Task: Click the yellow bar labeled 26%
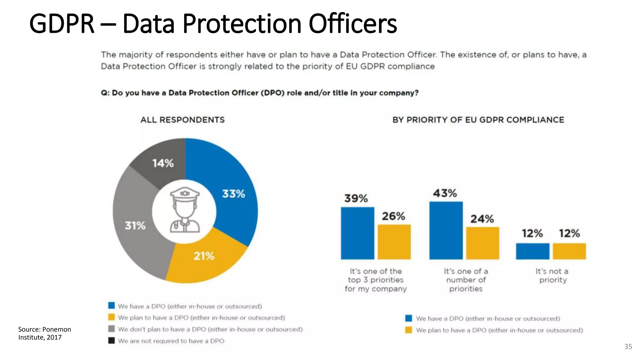pyautogui.click(x=394, y=242)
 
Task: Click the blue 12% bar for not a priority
pyautogui.click(x=532, y=251)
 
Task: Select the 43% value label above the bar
pyautogui.click(x=445, y=193)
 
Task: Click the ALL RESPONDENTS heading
pyautogui.click(x=182, y=120)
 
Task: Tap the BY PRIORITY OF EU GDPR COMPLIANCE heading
pyautogui.click(x=478, y=120)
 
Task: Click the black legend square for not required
pyautogui.click(x=112, y=340)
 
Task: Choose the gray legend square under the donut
pyautogui.click(x=112, y=329)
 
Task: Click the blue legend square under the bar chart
pyautogui.click(x=408, y=318)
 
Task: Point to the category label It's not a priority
pyautogui.click(x=552, y=276)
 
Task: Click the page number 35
pyautogui.click(x=628, y=347)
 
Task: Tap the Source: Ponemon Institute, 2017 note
pyautogui.click(x=44, y=333)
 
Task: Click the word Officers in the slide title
pyautogui.click(x=353, y=24)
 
